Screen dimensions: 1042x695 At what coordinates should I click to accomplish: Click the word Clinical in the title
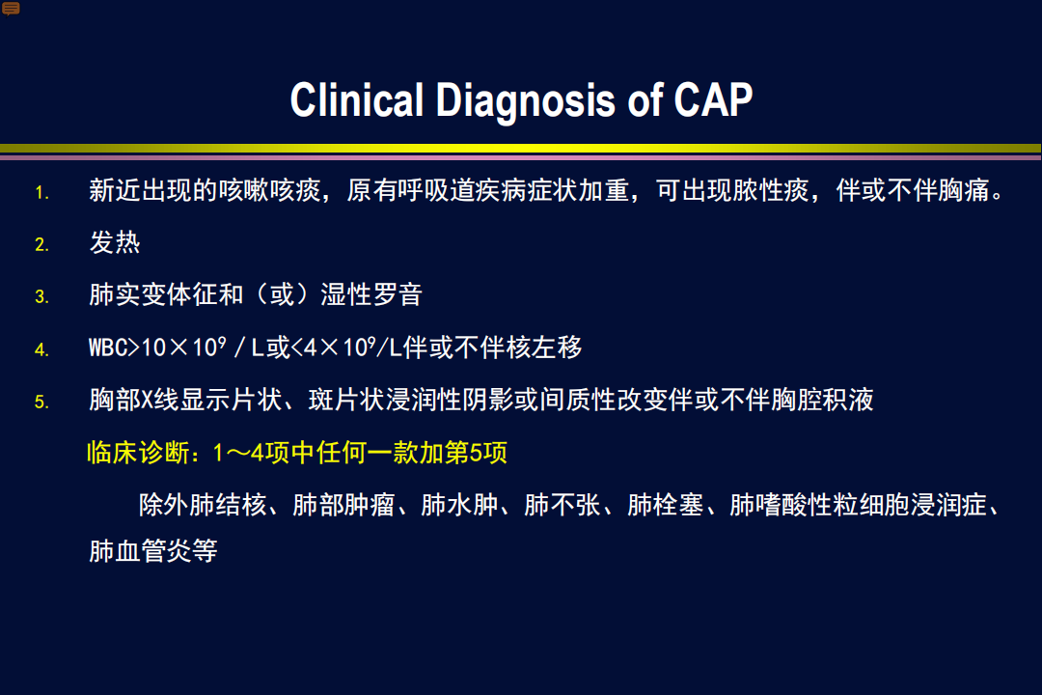click(357, 99)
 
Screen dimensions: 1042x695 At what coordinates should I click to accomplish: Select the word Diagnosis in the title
click(526, 101)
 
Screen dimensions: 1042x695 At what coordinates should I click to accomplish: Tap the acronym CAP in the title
click(713, 99)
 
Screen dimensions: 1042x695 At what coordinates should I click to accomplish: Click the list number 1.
click(41, 193)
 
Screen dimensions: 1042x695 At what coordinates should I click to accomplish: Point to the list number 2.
click(41, 245)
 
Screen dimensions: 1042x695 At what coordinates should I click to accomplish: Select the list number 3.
click(41, 296)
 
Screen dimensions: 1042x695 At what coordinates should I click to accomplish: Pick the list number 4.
click(41, 349)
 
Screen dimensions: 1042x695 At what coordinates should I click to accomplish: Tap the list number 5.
click(41, 402)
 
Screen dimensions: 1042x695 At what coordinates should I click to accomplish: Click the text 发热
click(115, 242)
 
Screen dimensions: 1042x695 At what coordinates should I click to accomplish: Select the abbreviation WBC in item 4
click(108, 347)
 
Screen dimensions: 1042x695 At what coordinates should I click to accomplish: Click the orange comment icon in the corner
click(11, 9)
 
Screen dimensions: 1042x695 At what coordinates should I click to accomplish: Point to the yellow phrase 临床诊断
click(138, 453)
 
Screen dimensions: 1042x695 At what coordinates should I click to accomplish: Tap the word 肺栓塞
click(665, 505)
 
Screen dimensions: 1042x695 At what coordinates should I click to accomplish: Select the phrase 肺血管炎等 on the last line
click(153, 550)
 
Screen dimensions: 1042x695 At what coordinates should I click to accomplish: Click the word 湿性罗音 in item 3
click(371, 294)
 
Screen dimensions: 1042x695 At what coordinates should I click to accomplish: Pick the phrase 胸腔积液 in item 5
click(823, 400)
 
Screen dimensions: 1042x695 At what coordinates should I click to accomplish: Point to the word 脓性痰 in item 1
click(771, 190)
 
